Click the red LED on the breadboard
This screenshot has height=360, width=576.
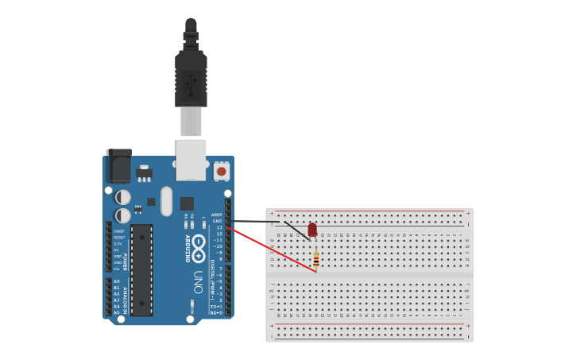[x=312, y=230]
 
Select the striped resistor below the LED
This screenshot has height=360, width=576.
[x=316, y=258]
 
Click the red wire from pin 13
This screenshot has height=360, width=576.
[x=270, y=249]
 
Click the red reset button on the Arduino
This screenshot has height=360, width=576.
[x=221, y=171]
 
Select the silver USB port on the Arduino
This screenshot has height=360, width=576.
[x=191, y=160]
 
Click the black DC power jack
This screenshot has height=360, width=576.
[x=118, y=166]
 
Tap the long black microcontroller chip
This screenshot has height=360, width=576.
[x=141, y=269]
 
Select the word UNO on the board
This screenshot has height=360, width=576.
[x=198, y=281]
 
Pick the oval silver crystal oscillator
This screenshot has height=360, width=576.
[x=166, y=201]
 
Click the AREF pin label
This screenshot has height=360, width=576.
[x=217, y=215]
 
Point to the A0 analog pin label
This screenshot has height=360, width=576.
[x=116, y=281]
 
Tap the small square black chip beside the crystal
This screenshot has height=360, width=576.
[x=187, y=203]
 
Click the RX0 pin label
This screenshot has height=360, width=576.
[x=215, y=312]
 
